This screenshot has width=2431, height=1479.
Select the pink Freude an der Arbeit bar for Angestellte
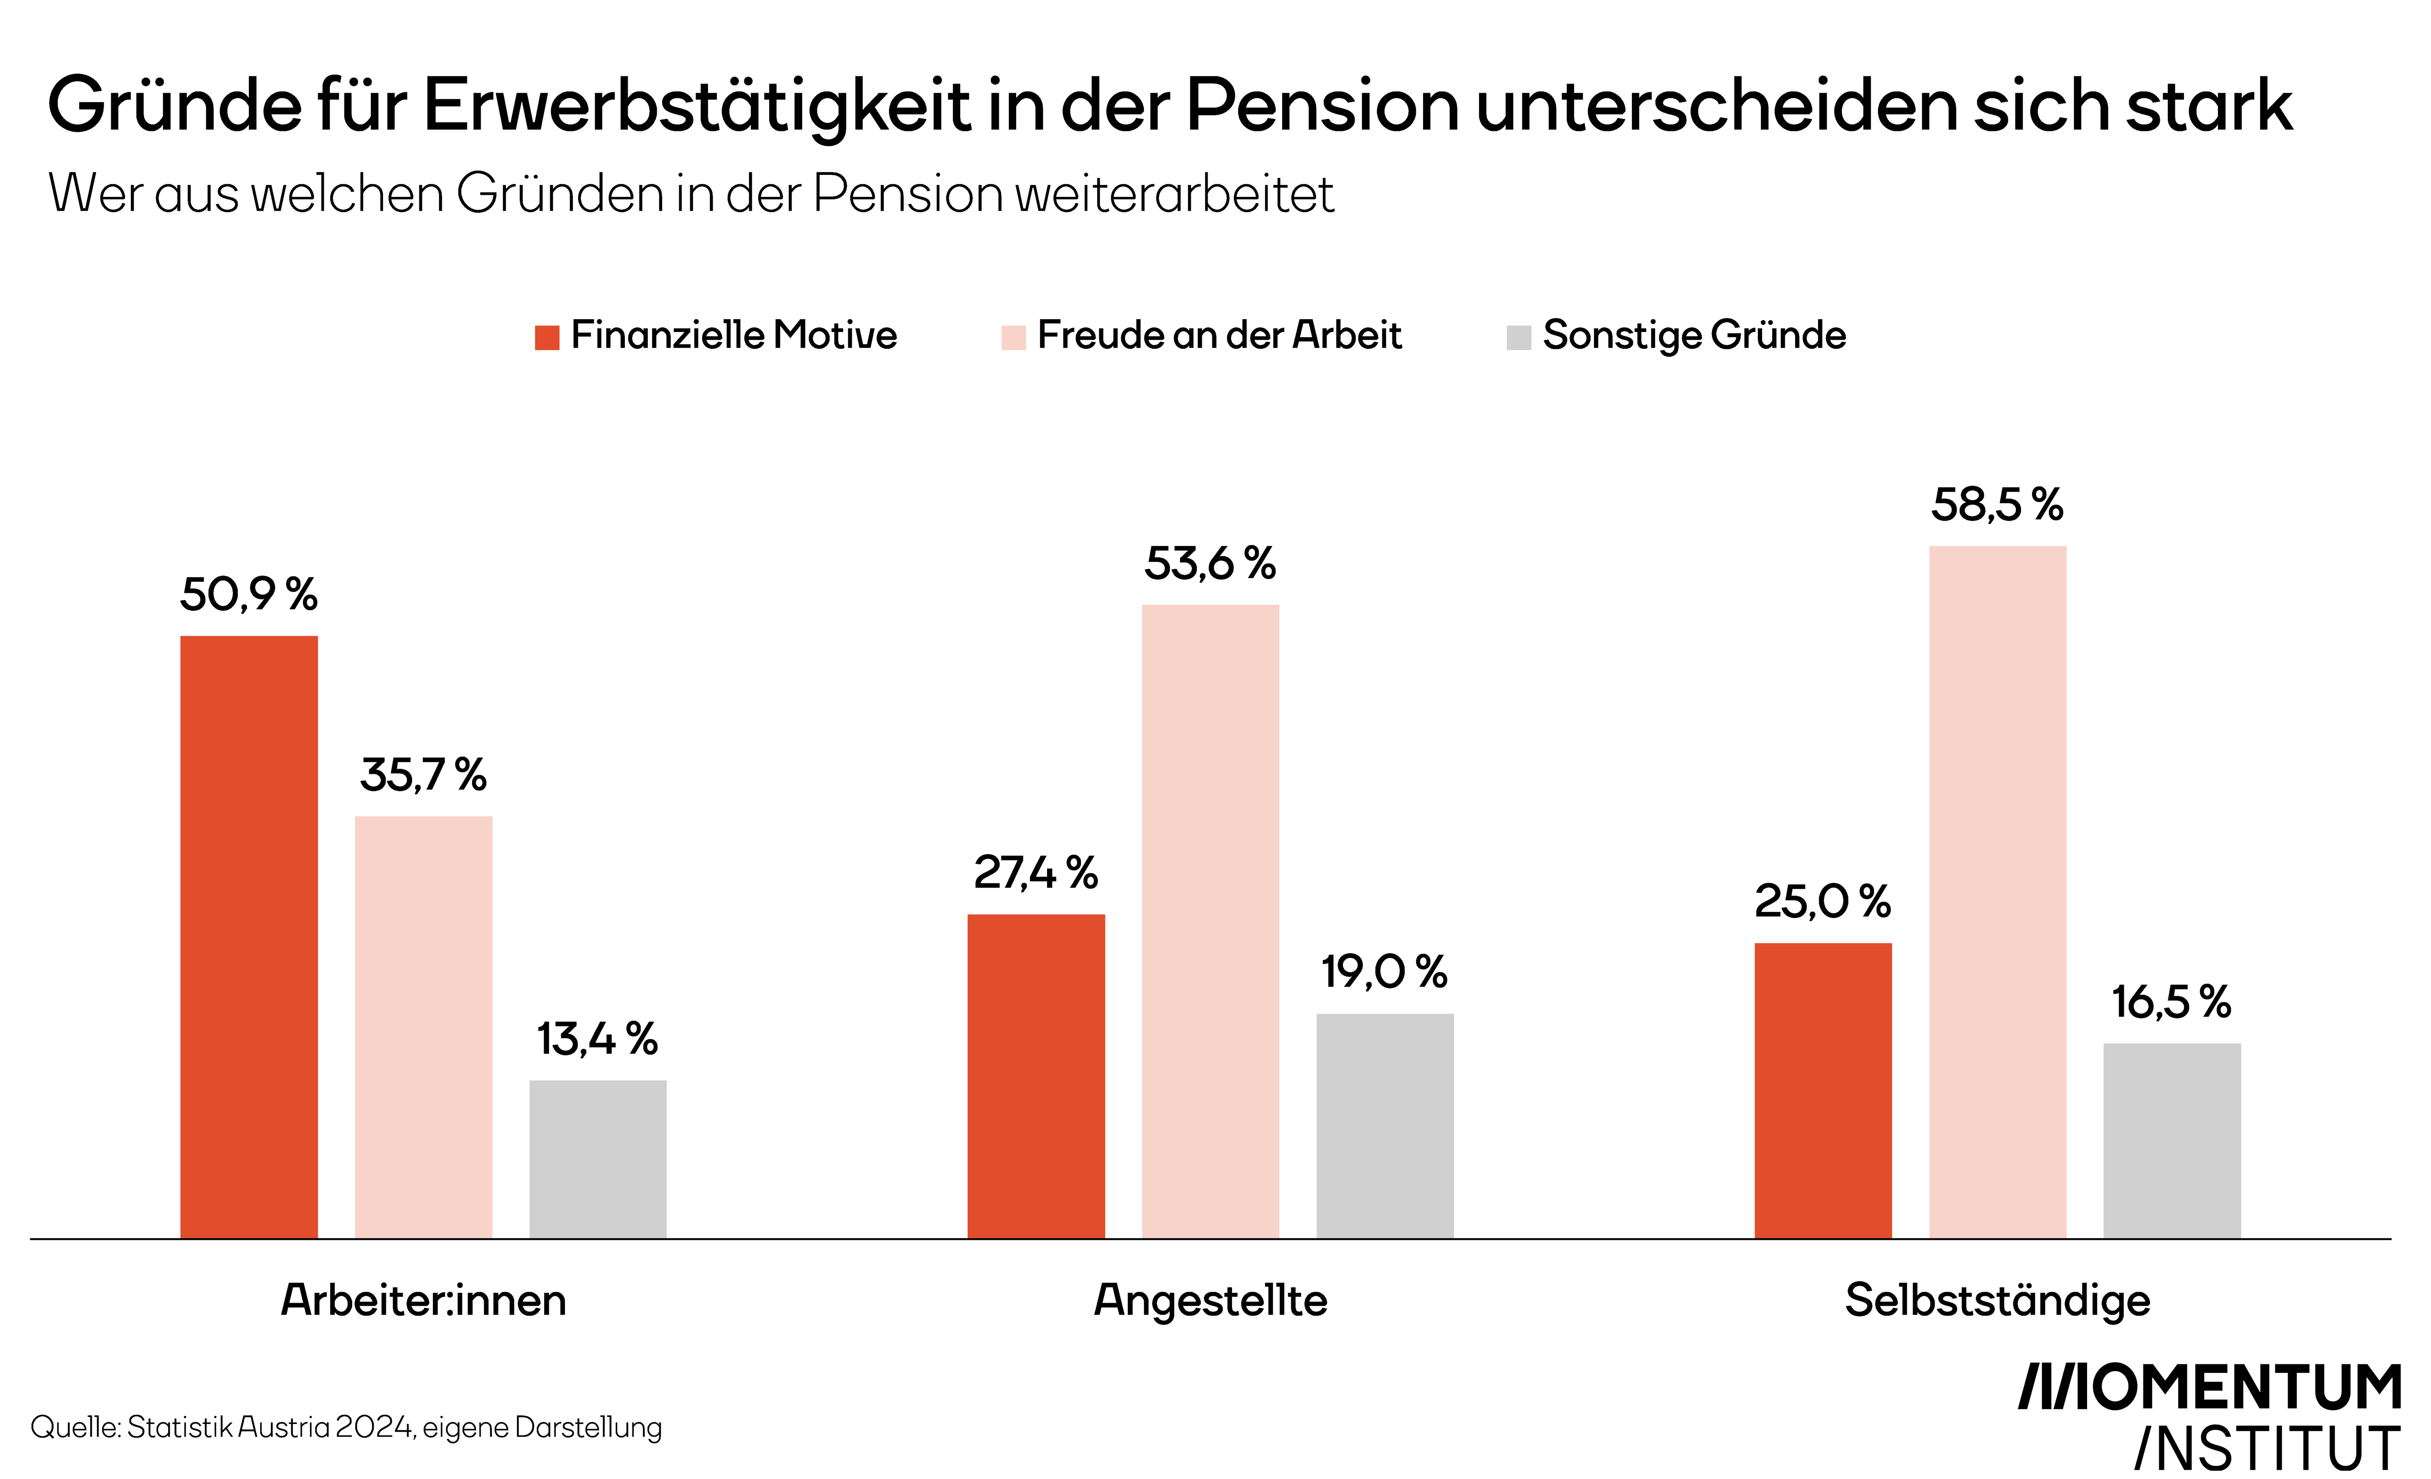point(1210,922)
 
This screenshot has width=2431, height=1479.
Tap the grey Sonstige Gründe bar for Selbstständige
point(2173,1141)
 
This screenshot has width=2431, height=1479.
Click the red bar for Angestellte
point(1036,1076)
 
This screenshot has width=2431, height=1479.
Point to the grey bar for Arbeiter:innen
point(598,1159)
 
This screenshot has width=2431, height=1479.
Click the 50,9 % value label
point(248,594)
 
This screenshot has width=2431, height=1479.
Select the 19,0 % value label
point(1385,972)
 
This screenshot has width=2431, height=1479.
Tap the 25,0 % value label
point(1823,901)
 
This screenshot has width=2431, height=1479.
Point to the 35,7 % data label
point(423,774)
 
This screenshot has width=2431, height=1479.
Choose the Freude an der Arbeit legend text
point(1220,335)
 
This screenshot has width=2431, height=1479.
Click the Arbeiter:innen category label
point(423,1300)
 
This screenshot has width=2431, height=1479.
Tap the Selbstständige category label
point(1998,1300)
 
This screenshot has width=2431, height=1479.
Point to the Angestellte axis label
point(1210,1300)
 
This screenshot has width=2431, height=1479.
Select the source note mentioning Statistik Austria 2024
point(346,1428)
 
